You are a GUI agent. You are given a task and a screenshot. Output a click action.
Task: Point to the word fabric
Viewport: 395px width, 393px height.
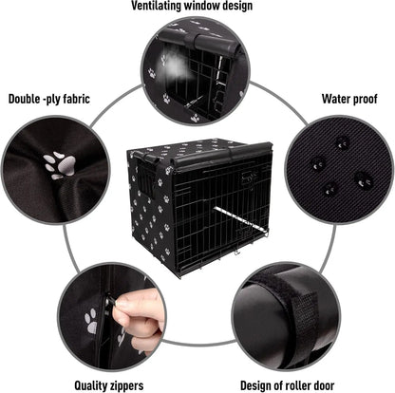(x=93, y=98)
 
